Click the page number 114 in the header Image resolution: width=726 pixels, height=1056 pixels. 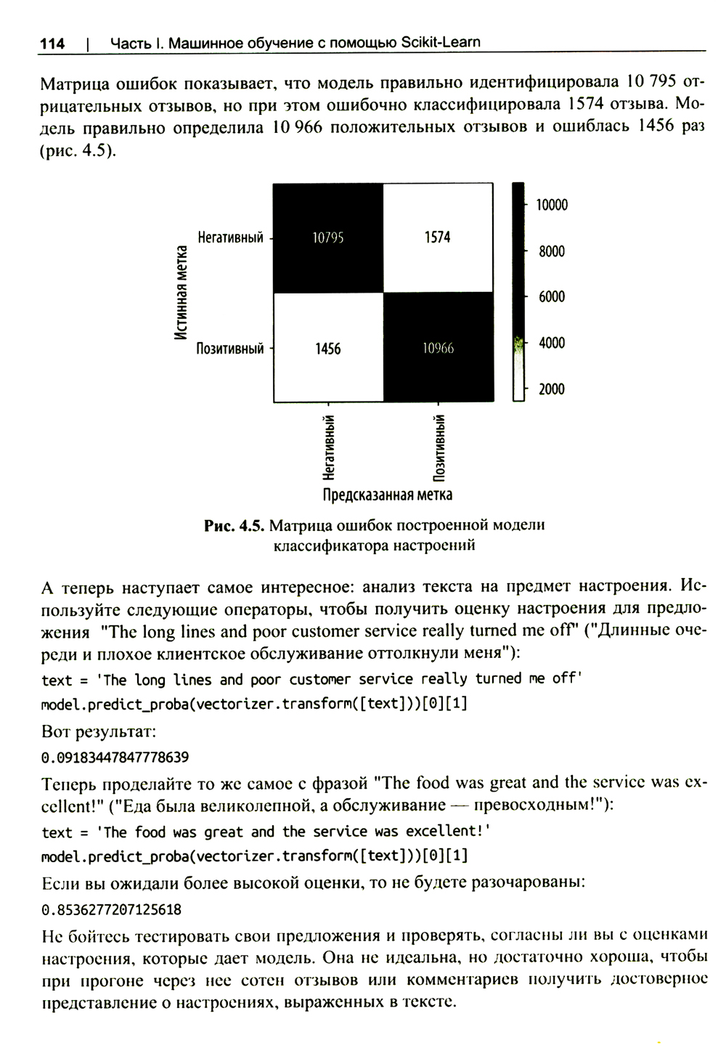point(52,44)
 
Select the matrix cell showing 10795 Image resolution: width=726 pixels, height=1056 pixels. point(327,237)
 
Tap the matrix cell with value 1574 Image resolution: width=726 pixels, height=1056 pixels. point(437,237)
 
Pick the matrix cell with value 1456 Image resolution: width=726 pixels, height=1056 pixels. point(327,349)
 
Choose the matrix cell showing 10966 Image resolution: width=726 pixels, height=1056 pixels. point(438,349)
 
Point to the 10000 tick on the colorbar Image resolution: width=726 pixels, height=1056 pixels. point(552,206)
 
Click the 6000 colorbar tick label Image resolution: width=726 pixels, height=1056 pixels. point(552,297)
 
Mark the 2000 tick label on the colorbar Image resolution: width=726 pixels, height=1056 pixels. point(552,389)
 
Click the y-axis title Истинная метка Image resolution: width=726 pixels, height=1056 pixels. point(181,292)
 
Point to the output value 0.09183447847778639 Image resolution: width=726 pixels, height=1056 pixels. point(115,758)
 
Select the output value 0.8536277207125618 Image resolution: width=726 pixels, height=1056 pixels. point(112,909)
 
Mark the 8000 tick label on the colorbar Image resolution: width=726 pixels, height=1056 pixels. point(552,252)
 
